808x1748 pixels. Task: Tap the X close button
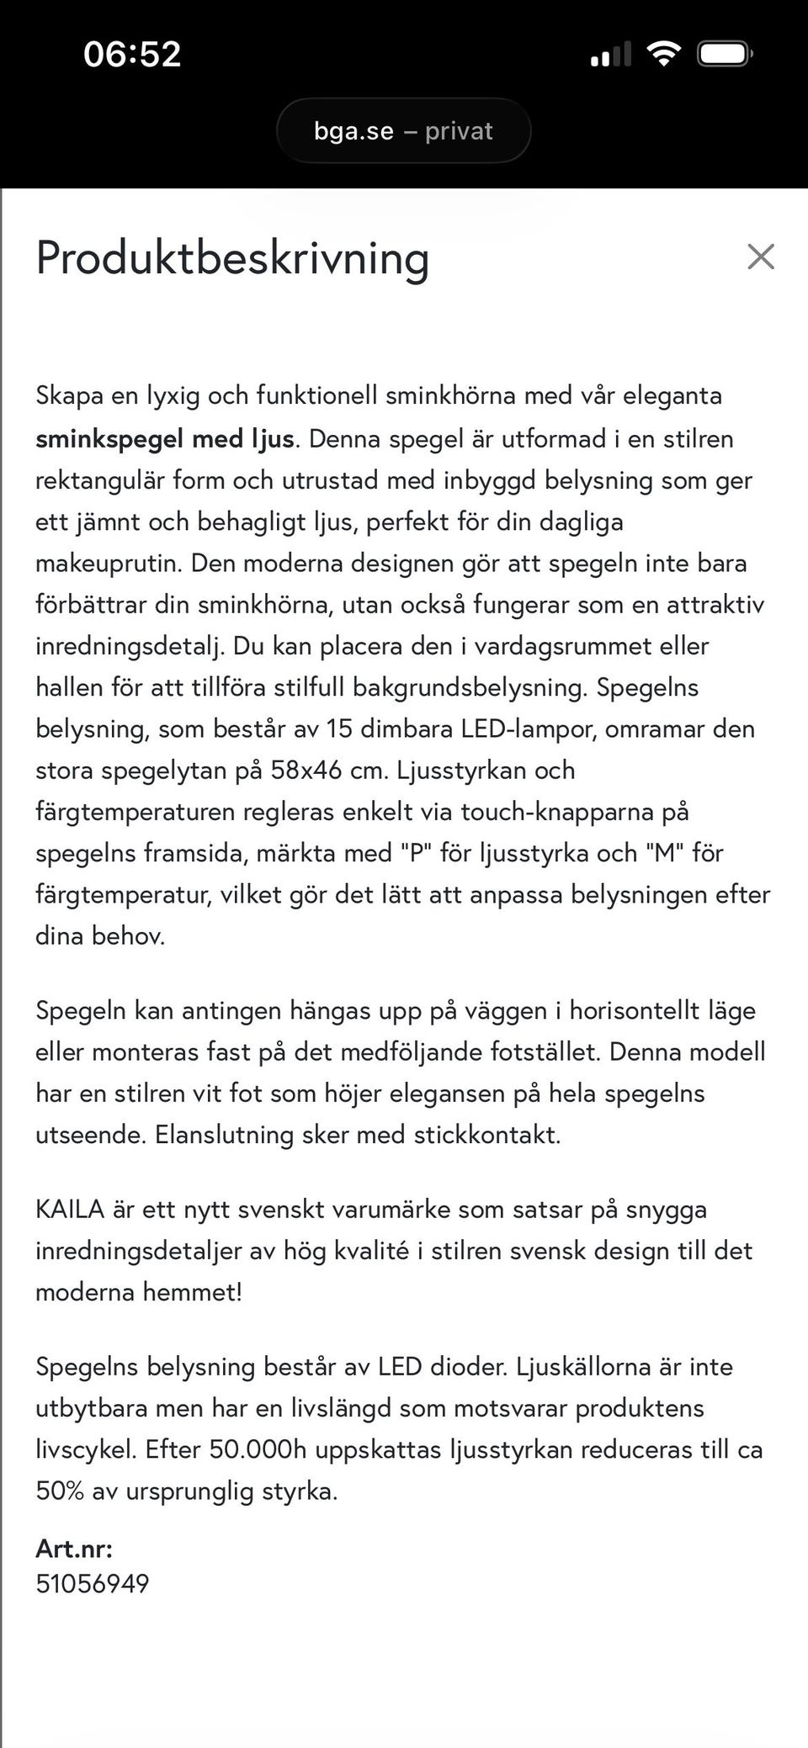point(760,257)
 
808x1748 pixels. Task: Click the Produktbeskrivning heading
point(232,257)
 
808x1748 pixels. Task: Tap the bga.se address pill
point(403,131)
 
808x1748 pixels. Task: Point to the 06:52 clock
point(132,55)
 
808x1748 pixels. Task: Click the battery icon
point(724,55)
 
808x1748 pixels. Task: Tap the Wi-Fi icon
point(663,55)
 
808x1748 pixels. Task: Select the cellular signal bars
point(611,55)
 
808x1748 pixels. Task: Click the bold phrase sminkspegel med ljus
point(165,438)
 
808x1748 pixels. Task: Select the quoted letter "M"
point(665,853)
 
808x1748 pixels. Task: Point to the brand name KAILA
point(70,1209)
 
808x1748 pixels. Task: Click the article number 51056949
point(93,1583)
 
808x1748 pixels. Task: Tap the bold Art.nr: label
point(74,1547)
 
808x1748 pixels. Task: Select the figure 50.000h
point(258,1449)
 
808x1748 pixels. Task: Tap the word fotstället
point(545,1051)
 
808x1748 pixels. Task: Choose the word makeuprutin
point(108,563)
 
